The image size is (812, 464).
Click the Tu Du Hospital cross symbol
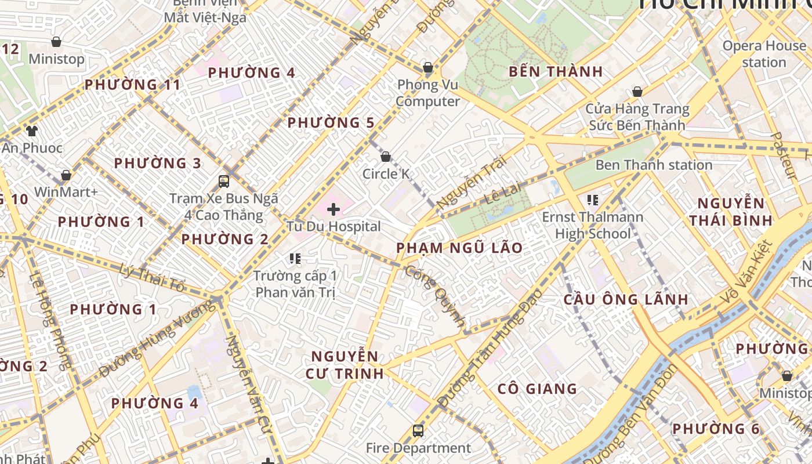pos(333,209)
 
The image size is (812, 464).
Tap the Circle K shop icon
pos(385,157)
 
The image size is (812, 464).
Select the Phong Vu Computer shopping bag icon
pos(427,68)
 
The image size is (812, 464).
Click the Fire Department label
pos(418,448)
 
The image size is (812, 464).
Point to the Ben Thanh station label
pos(654,165)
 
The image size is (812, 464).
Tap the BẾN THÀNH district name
pos(556,72)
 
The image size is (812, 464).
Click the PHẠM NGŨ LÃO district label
pos(459,248)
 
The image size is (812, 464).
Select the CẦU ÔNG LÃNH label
pos(626,300)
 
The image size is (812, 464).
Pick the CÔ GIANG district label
pos(537,389)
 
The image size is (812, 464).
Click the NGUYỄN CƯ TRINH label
pos(345,365)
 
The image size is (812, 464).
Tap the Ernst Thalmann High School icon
pos(592,200)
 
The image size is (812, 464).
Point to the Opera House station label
pos(764,54)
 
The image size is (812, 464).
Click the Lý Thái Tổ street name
pos(153,277)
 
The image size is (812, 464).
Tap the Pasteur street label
pos(782,155)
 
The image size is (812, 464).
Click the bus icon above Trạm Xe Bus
pos(224,181)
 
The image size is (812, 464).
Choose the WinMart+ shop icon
pos(66,175)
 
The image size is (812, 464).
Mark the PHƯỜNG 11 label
pos(133,85)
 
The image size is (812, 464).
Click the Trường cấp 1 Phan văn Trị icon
pos(295,258)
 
